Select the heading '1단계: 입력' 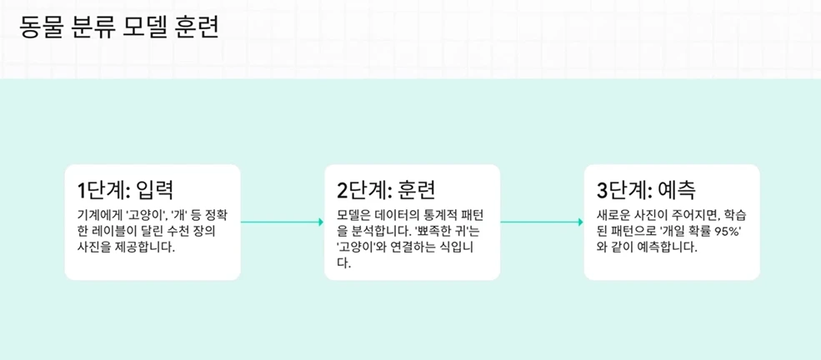(x=125, y=189)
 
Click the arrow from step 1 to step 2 (x=282, y=222)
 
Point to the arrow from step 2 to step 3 (x=542, y=222)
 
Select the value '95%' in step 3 (x=724, y=231)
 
